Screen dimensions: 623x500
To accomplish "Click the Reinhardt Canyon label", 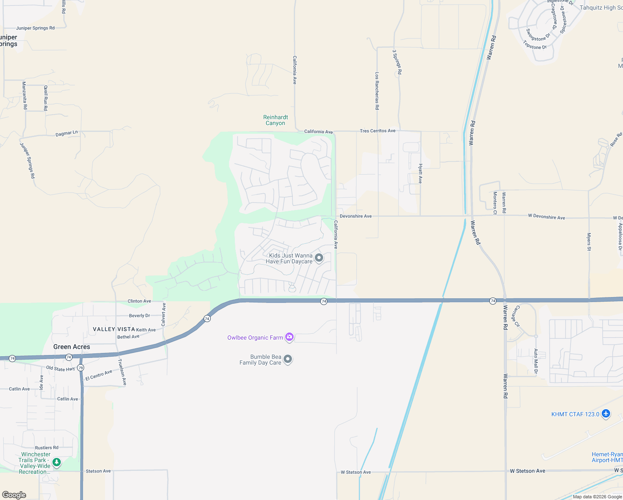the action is [275, 120].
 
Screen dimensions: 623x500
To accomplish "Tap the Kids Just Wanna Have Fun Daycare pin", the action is [319, 258].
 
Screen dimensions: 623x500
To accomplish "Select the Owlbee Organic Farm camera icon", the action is [289, 337].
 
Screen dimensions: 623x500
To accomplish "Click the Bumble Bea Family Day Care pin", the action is [287, 359].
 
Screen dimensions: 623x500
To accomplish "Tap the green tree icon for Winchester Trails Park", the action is [57, 462].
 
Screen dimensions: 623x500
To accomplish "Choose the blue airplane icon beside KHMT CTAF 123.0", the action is [606, 414].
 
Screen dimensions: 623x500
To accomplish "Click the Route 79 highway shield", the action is [81, 368].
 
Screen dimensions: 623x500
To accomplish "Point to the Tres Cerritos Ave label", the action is [378, 131].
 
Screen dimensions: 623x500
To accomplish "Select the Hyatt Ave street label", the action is [421, 173].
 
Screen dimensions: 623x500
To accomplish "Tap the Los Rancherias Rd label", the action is [377, 91].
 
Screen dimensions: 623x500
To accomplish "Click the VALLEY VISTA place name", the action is [114, 329].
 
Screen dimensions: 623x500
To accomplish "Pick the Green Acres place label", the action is [72, 347].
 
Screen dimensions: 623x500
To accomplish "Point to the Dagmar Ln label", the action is [67, 134].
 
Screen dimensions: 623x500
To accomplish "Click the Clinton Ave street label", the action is [140, 301].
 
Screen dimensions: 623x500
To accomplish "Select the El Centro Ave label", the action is [99, 375].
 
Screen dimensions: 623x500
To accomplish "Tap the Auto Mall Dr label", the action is [536, 361].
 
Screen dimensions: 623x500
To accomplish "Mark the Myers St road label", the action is [589, 242].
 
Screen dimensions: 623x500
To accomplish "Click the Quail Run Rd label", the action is [46, 98].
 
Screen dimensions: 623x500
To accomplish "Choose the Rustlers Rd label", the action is [47, 447].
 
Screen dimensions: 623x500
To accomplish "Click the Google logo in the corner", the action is [14, 495].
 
